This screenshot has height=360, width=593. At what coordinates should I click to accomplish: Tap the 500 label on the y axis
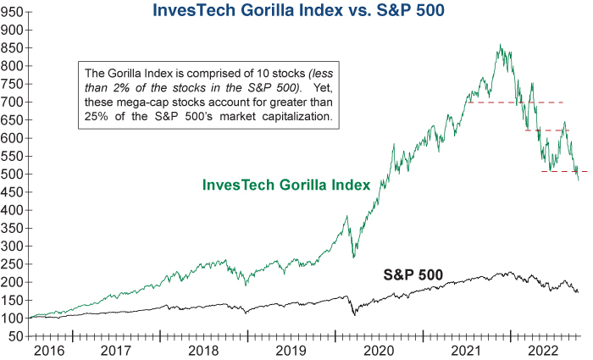pos(13,174)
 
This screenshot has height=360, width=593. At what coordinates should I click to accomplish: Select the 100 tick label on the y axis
pos(13,318)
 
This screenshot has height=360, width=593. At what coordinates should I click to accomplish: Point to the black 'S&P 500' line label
pos(413,274)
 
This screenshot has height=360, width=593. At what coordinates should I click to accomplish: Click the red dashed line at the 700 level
pos(517,102)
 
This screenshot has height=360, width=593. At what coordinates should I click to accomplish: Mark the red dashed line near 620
pos(546,130)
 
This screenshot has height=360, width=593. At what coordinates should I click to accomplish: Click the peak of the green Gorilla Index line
pos(501,45)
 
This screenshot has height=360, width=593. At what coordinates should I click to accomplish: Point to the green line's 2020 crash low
pos(352,257)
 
